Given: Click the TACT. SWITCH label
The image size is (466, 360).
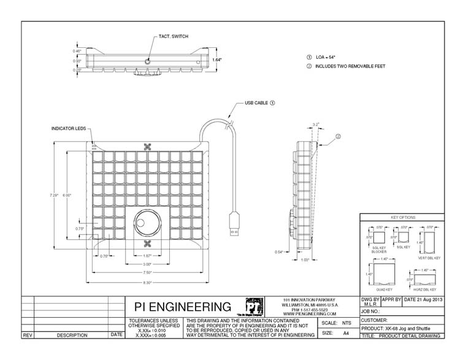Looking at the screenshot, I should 174,37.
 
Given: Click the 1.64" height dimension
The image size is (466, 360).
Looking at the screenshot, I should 218,60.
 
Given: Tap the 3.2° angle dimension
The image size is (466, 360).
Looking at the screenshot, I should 316,124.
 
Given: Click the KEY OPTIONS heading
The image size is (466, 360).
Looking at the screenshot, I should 403,218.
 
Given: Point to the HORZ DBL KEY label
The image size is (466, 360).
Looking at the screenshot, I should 424,289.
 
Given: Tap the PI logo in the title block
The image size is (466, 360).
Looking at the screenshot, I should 253,307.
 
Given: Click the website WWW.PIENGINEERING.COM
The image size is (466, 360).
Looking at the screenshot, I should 309,313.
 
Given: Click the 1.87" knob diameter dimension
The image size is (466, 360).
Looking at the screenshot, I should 147,255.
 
